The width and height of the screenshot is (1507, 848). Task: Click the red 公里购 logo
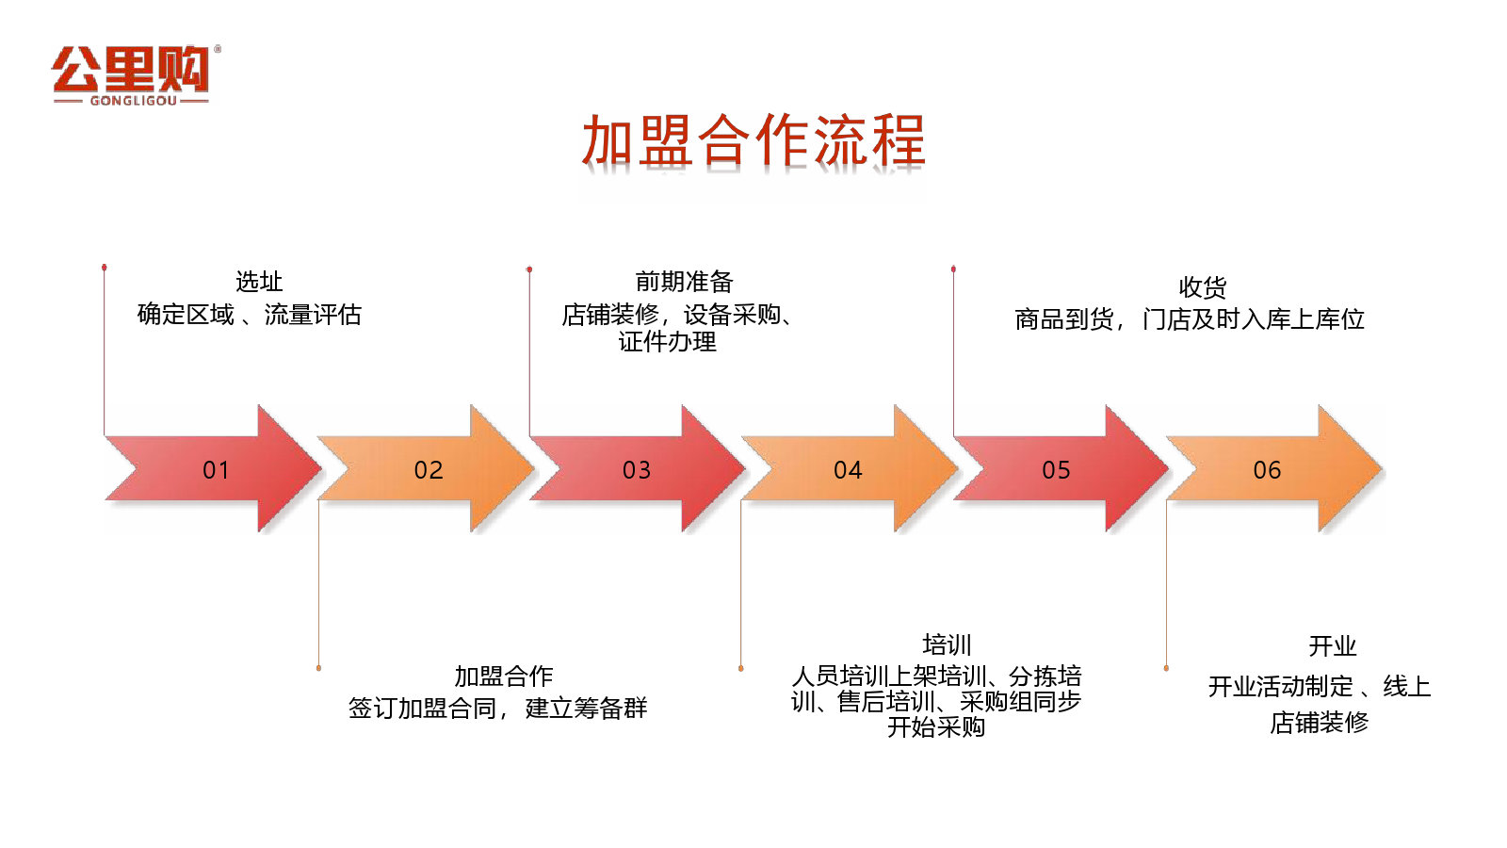click(136, 75)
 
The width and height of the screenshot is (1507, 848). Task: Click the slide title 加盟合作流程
click(753, 140)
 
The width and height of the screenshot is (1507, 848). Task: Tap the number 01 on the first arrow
click(216, 470)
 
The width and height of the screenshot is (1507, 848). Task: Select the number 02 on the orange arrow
click(429, 470)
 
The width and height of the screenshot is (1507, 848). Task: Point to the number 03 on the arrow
click(637, 470)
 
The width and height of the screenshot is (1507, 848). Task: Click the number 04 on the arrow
click(848, 470)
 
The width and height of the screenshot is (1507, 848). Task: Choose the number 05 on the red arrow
click(1056, 470)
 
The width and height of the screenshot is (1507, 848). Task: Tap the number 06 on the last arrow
click(1267, 470)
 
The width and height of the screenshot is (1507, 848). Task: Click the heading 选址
click(259, 282)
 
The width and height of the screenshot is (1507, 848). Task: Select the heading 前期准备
click(684, 282)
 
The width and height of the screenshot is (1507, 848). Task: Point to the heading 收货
click(1203, 287)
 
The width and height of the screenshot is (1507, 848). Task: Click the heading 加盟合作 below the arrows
click(504, 676)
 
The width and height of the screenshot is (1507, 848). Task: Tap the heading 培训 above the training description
click(947, 644)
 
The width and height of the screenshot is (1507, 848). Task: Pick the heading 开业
click(1332, 646)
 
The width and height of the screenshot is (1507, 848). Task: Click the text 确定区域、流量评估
click(249, 315)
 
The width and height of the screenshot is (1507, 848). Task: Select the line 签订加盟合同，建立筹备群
click(498, 708)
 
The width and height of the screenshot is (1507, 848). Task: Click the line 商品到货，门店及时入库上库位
click(1190, 319)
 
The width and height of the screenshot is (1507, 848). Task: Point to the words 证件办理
click(668, 342)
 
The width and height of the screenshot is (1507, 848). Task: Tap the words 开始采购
click(936, 726)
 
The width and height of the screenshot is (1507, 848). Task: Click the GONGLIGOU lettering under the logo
click(133, 101)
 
